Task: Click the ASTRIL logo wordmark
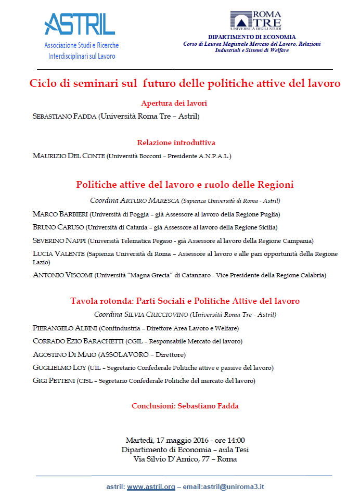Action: (x=80, y=24)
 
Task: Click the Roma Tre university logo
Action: (x=256, y=20)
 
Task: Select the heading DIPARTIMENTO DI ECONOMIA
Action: (x=252, y=37)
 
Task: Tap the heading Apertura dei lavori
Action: (x=170, y=103)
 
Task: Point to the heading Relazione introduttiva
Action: (x=176, y=143)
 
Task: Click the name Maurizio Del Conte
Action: (x=68, y=156)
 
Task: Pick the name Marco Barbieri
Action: (x=59, y=214)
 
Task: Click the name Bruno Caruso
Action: (x=58, y=227)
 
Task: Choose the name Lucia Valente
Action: (x=58, y=254)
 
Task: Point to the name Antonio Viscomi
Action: (x=63, y=275)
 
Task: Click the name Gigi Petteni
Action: (x=53, y=381)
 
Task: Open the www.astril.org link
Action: (x=151, y=488)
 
